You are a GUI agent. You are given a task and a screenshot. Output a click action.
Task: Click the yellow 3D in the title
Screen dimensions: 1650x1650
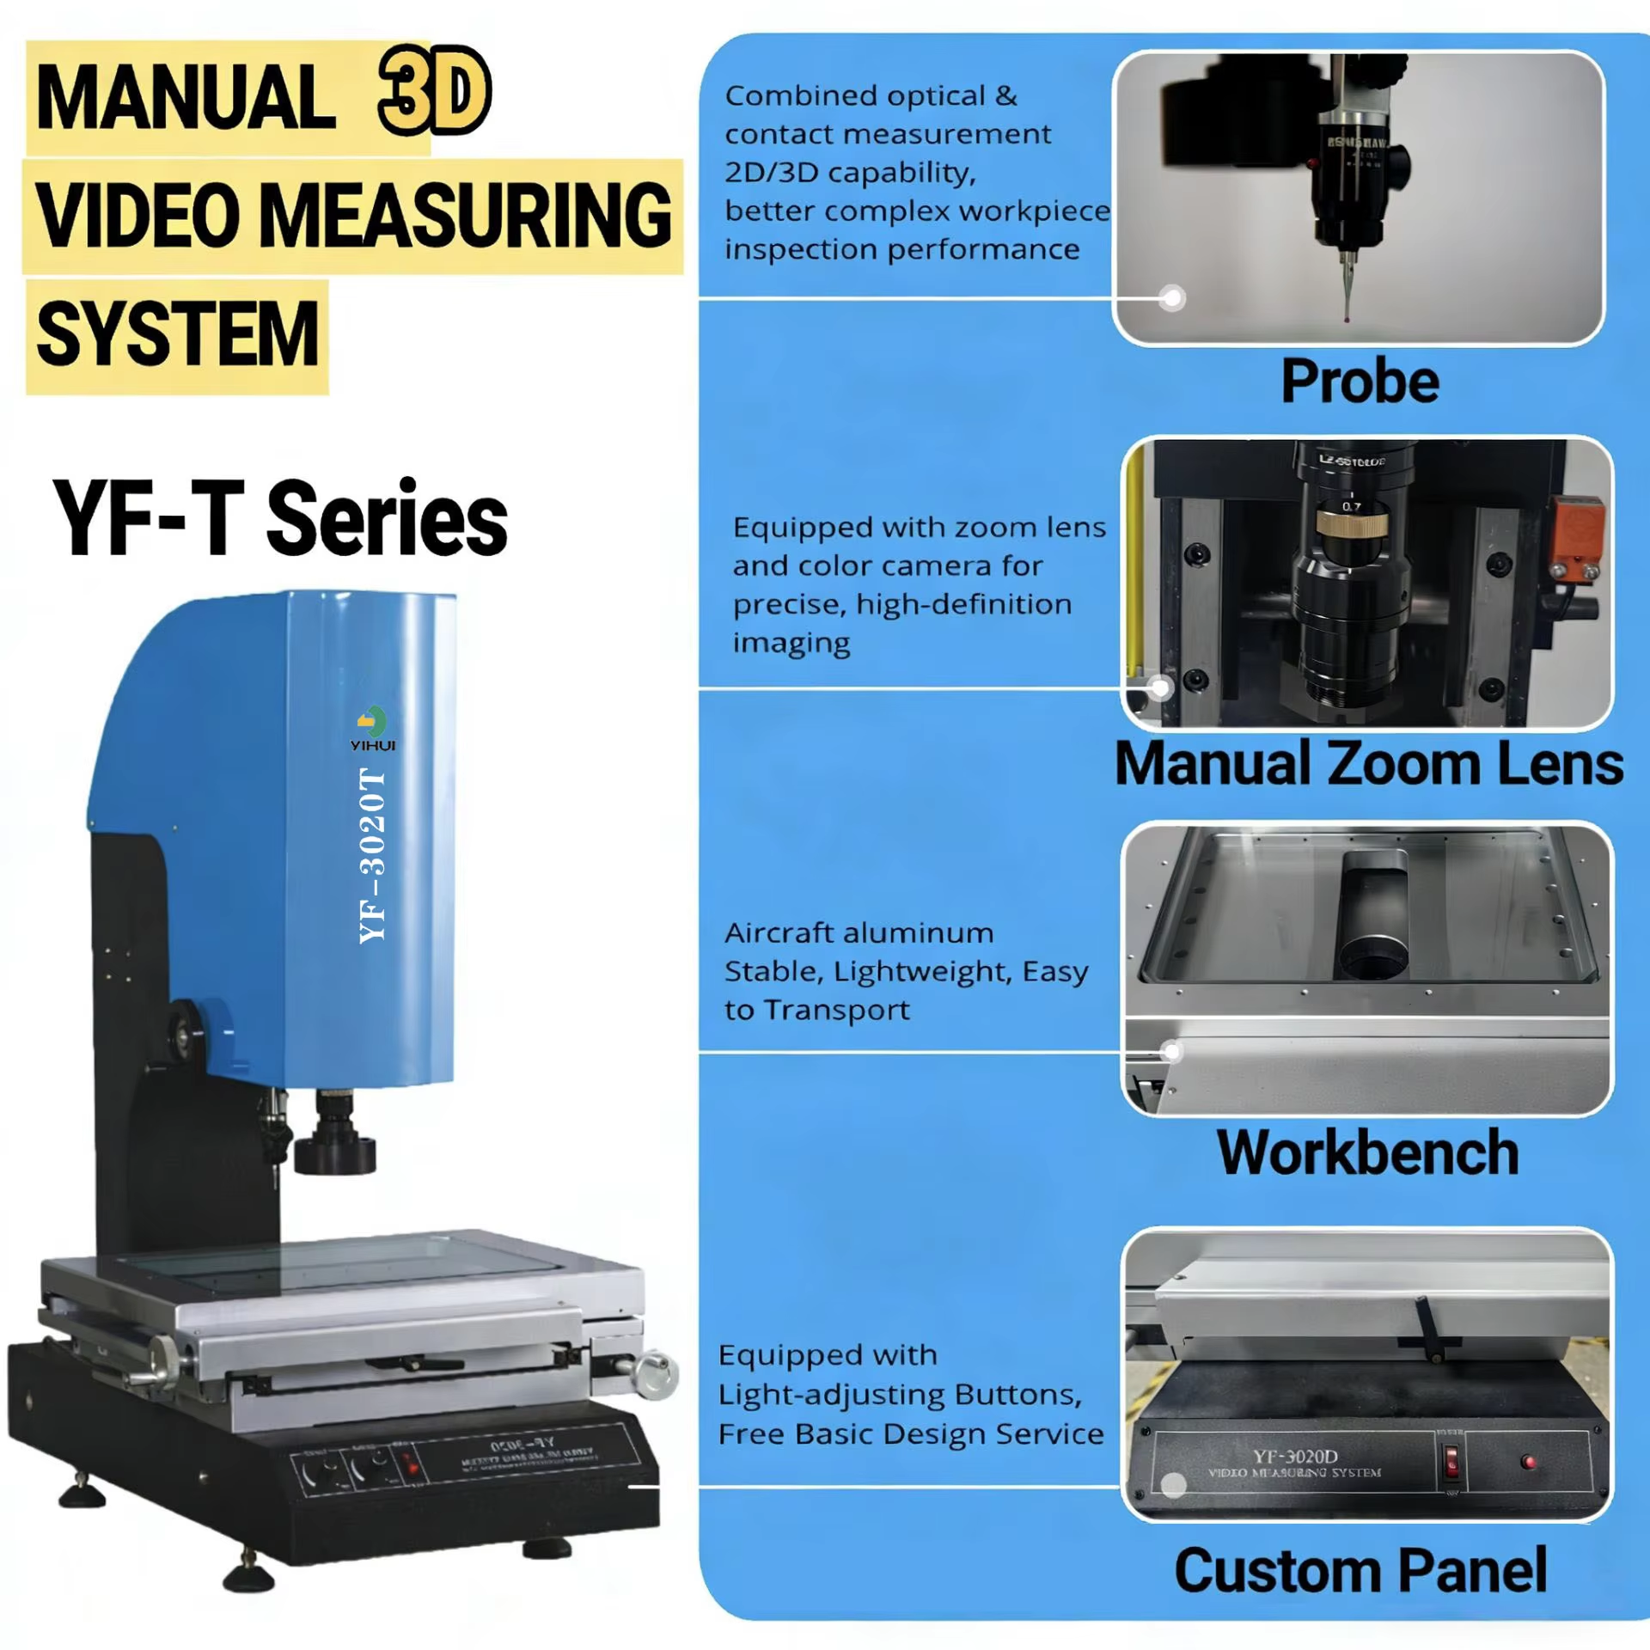coord(434,91)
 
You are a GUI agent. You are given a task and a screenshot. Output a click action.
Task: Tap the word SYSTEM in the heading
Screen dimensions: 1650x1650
coord(177,334)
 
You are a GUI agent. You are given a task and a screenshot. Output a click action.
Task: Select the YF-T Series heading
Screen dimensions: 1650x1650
coord(280,519)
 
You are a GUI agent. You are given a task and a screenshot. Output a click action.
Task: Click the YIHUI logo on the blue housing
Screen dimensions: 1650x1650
coord(373,728)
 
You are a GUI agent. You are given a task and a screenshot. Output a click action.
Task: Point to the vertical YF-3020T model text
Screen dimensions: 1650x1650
coord(372,856)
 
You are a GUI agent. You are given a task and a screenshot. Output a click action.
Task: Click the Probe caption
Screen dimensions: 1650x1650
coord(1360,381)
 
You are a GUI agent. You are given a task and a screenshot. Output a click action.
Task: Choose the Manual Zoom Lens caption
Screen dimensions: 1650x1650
coord(1368,763)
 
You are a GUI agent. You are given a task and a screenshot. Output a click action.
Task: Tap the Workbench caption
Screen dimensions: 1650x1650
coord(1368,1152)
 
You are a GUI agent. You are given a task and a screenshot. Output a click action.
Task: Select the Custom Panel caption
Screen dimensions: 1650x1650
coord(1360,1570)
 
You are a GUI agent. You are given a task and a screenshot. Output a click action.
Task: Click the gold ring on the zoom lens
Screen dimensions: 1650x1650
coord(1350,521)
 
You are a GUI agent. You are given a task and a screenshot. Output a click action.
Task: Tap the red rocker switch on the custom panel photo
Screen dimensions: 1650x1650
coord(1451,1460)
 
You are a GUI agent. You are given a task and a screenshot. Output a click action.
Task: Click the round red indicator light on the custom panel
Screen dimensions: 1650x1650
coord(1527,1461)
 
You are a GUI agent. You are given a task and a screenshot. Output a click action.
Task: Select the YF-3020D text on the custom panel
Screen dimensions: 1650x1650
coord(1295,1456)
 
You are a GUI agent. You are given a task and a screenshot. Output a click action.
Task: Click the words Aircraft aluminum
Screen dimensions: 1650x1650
coord(859,932)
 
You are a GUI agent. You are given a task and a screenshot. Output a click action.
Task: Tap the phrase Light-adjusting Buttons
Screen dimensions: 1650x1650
coord(899,1394)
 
